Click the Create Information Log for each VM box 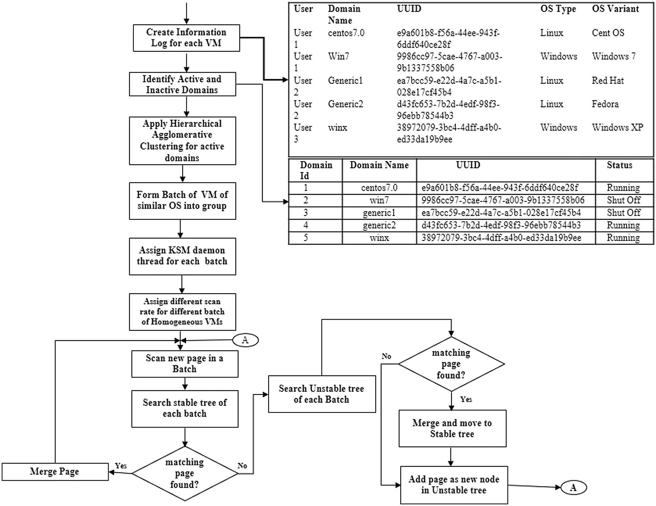[x=186, y=38]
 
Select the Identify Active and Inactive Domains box [x=182, y=84]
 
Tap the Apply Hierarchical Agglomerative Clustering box [x=182, y=141]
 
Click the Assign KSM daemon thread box [x=182, y=256]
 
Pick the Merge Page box [x=55, y=471]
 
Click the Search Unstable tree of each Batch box [x=322, y=394]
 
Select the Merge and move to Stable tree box [x=452, y=428]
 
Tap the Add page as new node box [x=454, y=485]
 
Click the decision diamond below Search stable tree [x=185, y=473]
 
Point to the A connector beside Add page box [x=573, y=487]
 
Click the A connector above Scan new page [x=245, y=340]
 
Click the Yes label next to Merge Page [x=121, y=466]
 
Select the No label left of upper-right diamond [x=386, y=356]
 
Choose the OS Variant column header [x=615, y=9]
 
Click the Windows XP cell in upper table [x=617, y=128]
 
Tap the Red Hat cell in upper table [x=607, y=80]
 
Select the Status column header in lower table [x=619, y=165]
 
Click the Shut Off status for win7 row [x=623, y=200]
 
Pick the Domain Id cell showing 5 [x=306, y=238]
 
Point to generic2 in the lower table [x=379, y=225]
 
